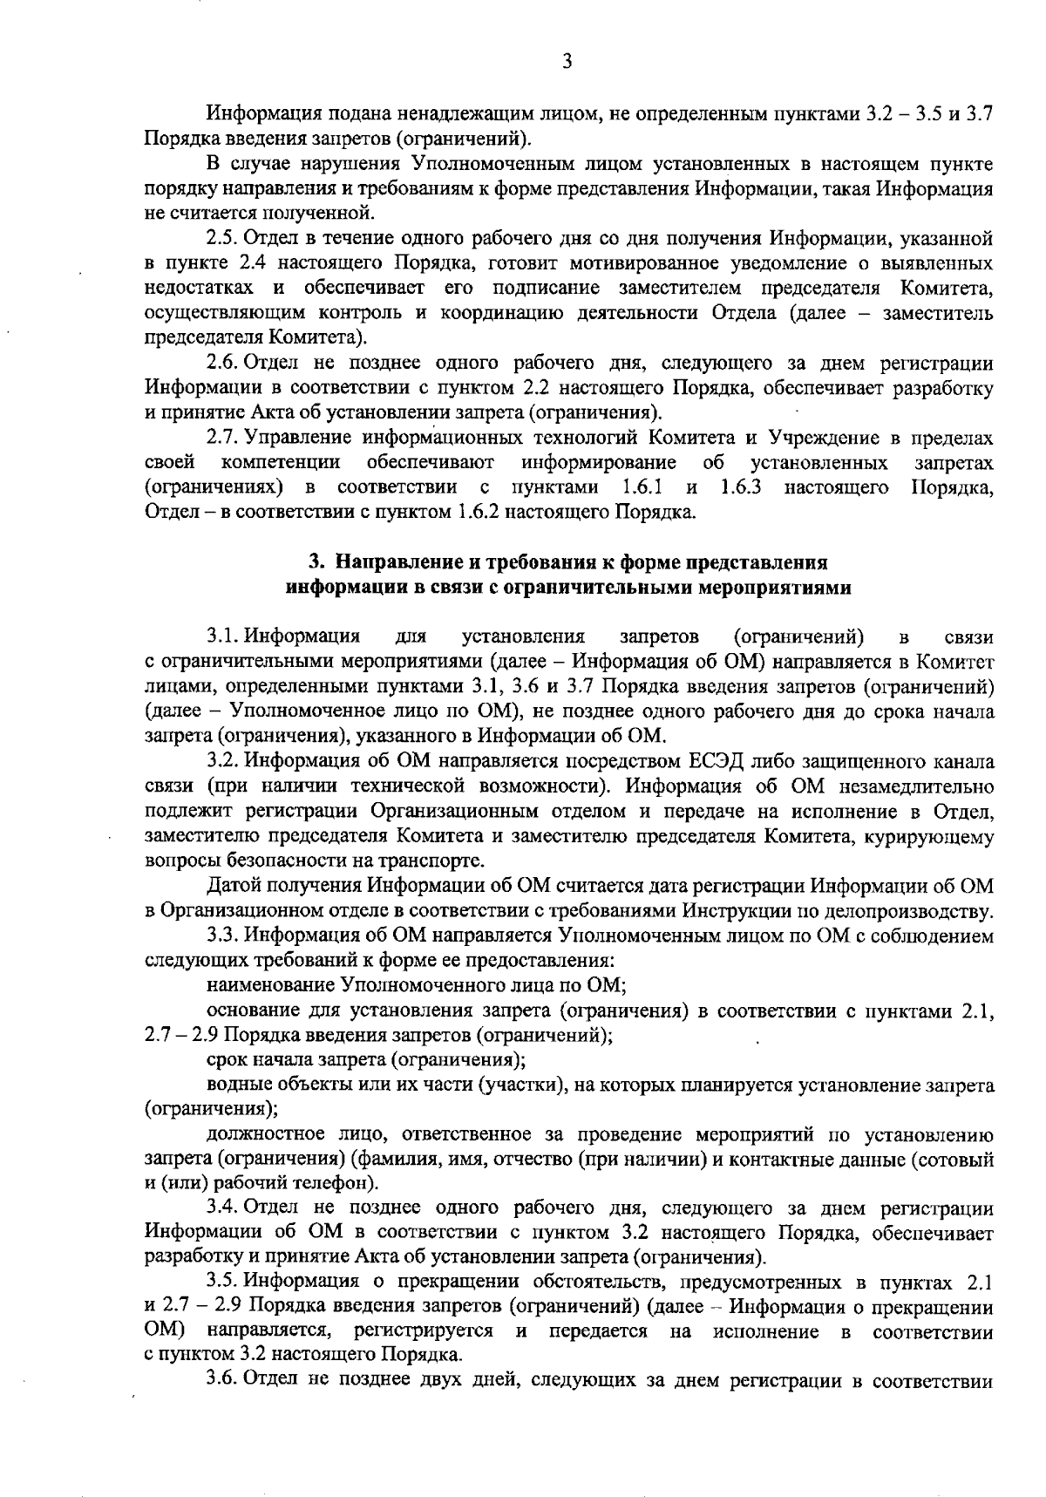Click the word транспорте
pos(433,861)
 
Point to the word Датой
pos(234,887)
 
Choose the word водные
pos(233,1085)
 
